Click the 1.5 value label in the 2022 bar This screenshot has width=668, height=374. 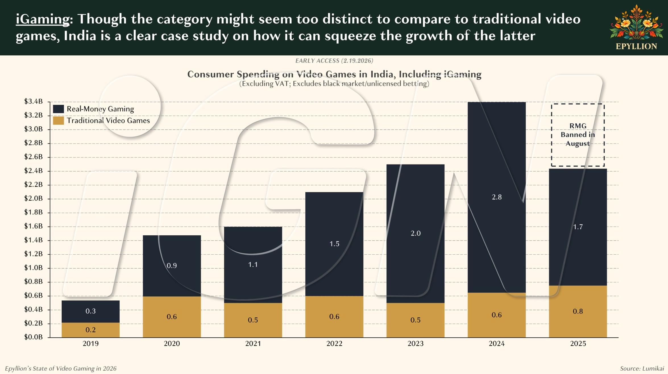tap(334, 244)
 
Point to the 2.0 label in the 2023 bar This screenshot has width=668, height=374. tap(416, 233)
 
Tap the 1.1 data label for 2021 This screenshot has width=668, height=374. tap(253, 265)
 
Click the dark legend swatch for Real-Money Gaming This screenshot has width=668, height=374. tap(58, 109)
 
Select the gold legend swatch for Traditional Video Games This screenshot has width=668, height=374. tap(58, 120)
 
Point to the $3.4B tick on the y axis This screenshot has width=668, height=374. tap(34, 101)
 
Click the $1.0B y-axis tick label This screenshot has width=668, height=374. tap(34, 268)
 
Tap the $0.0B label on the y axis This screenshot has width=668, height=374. tap(34, 337)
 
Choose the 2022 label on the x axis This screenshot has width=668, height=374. tap(334, 344)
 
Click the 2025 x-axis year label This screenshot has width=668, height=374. tap(578, 344)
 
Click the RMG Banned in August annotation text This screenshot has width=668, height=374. tap(578, 135)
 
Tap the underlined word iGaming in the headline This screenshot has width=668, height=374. tap(43, 19)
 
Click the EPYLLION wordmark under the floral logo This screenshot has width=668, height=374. tap(636, 46)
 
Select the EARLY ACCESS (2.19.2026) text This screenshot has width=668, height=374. tap(334, 61)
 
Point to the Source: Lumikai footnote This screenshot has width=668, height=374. tap(642, 369)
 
